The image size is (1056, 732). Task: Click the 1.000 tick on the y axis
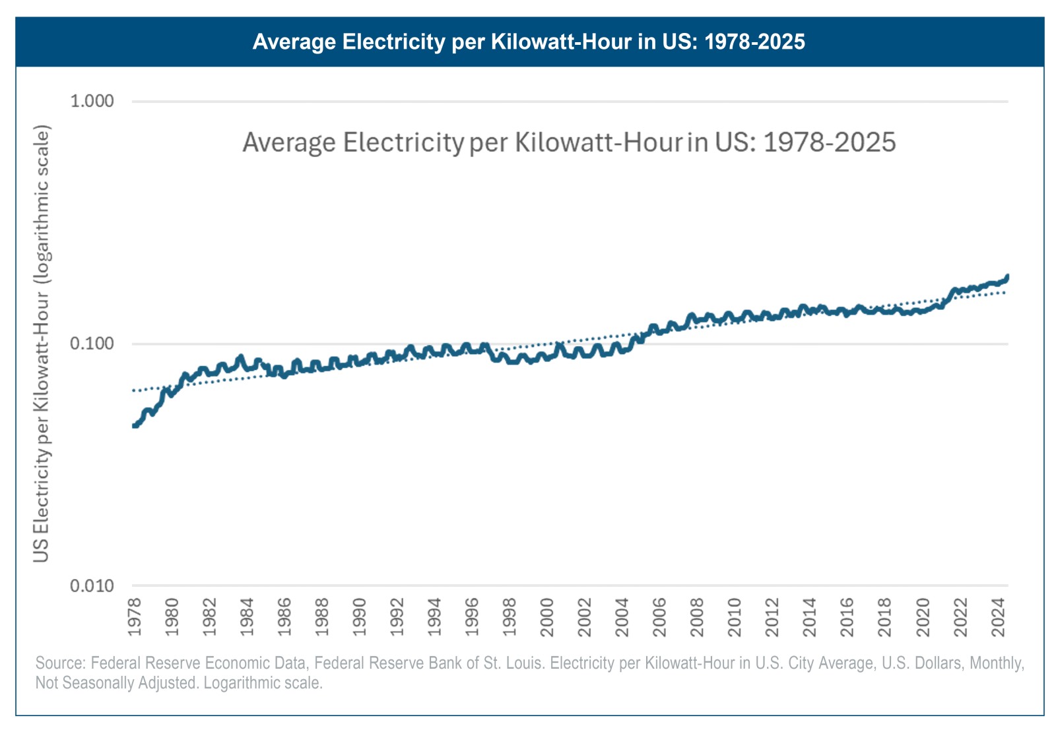pyautogui.click(x=92, y=101)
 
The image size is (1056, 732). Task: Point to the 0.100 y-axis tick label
pyautogui.click(x=92, y=344)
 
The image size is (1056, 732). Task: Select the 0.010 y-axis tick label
pyautogui.click(x=92, y=586)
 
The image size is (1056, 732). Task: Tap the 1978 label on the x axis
pyautogui.click(x=135, y=617)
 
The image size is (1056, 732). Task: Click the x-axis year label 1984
pyautogui.click(x=247, y=617)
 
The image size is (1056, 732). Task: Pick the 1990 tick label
pyautogui.click(x=360, y=617)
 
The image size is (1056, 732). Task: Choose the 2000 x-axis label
pyautogui.click(x=547, y=617)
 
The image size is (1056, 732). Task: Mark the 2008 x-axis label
pyautogui.click(x=698, y=617)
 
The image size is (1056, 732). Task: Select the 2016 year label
pyautogui.click(x=847, y=617)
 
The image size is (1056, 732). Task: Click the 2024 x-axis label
pyautogui.click(x=999, y=617)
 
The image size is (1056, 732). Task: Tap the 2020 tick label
pyautogui.click(x=923, y=617)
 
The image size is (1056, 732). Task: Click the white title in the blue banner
pyautogui.click(x=529, y=42)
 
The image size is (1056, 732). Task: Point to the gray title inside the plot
pyautogui.click(x=569, y=142)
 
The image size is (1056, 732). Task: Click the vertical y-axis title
pyautogui.click(x=42, y=343)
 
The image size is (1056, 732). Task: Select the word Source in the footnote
pyautogui.click(x=59, y=663)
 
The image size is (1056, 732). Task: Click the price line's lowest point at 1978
pyautogui.click(x=135, y=426)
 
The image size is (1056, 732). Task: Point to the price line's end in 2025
pyautogui.click(x=1007, y=276)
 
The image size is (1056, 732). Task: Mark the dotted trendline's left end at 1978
pyautogui.click(x=134, y=390)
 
